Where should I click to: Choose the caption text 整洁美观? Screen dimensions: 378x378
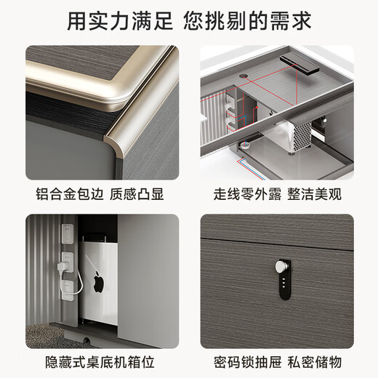(314, 195)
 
